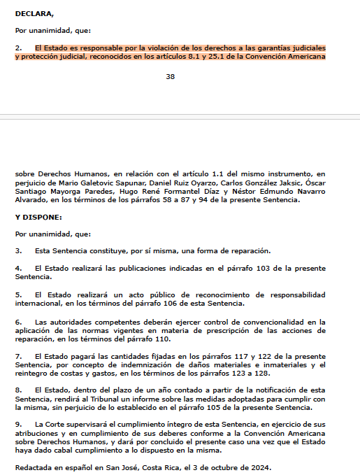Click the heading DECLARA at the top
point(33,13)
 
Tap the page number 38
point(171,76)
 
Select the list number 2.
point(18,47)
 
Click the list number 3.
point(18,250)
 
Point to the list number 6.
point(18,321)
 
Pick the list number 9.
point(18,425)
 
